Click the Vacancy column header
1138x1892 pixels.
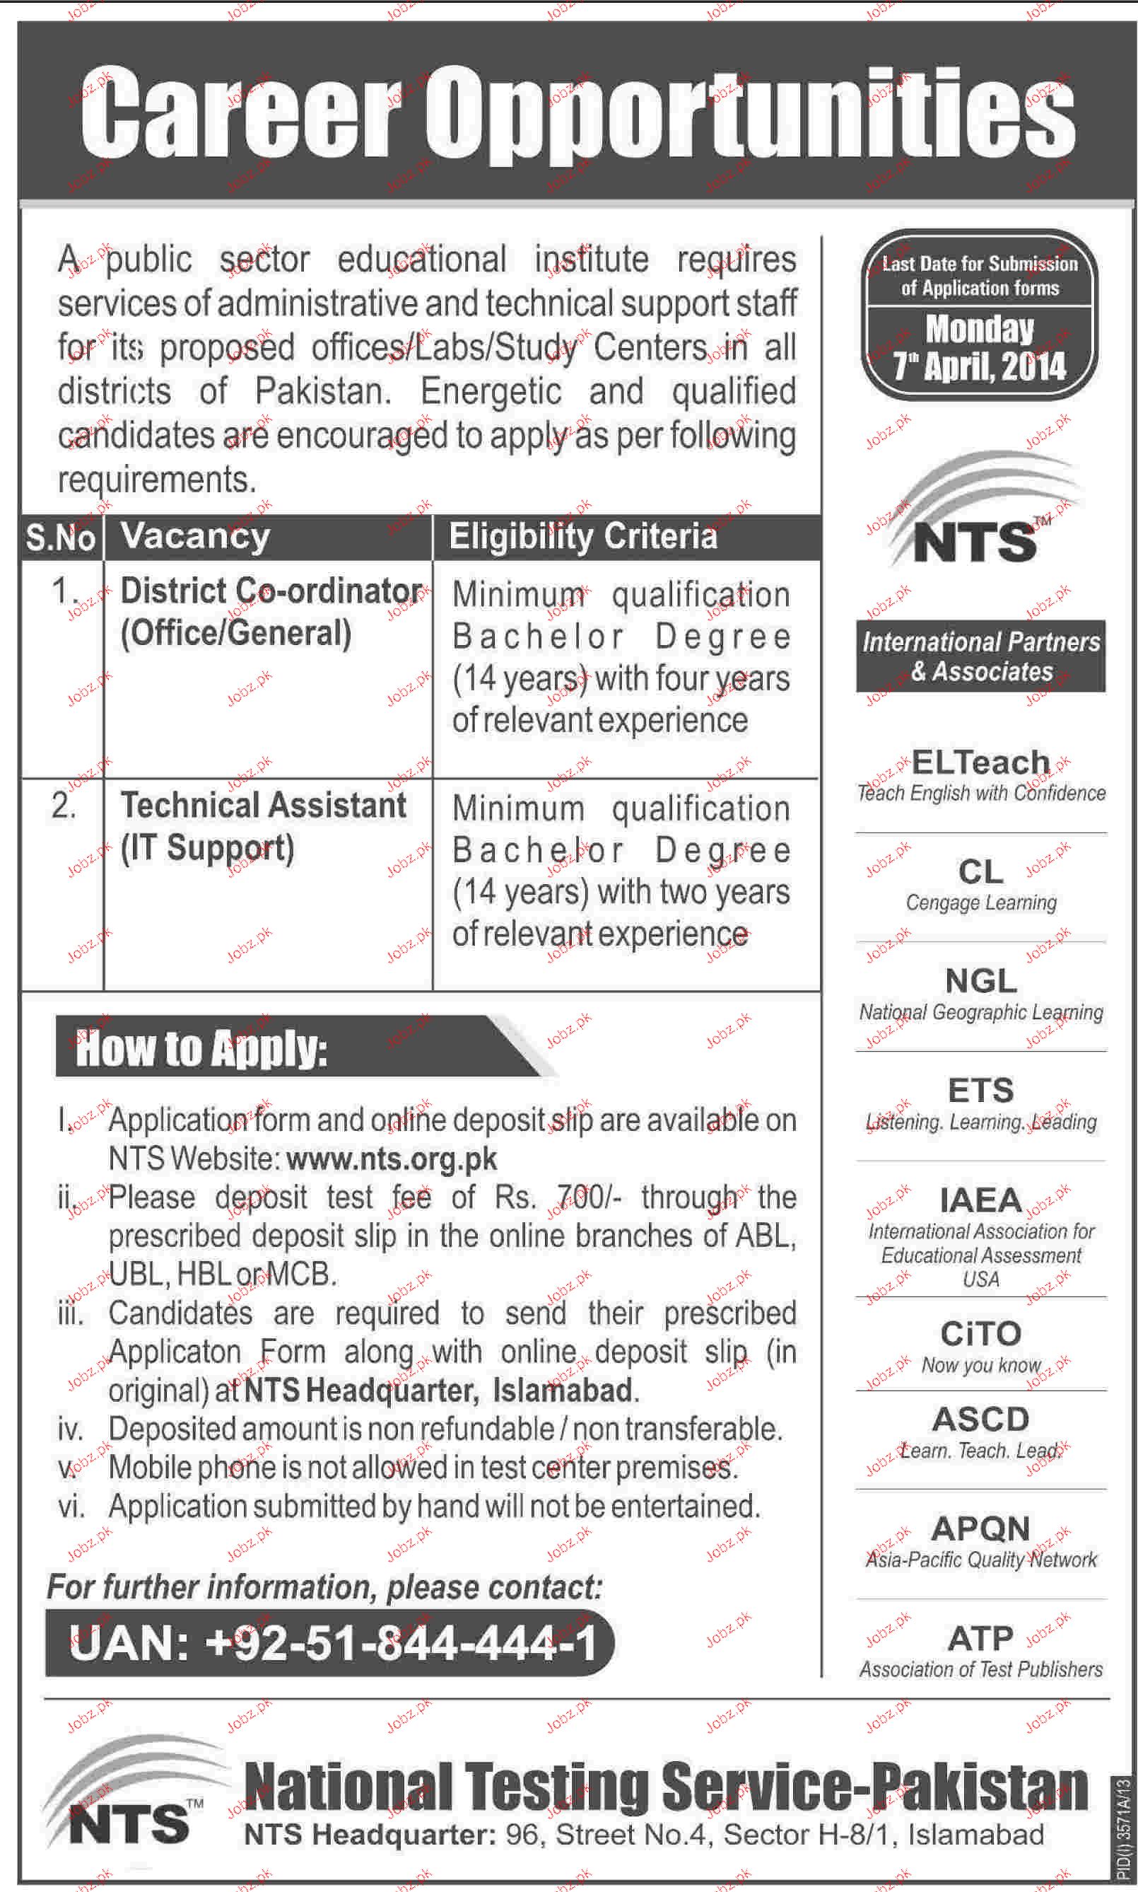196,536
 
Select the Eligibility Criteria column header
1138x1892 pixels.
583,536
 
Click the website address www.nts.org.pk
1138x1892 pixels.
392,1158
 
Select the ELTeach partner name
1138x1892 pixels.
980,762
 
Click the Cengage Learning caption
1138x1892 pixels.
981,903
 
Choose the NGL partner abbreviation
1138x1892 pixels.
981,980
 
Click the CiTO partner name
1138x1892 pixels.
981,1333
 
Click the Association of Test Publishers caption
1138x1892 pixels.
981,1669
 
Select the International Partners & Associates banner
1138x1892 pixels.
981,656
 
